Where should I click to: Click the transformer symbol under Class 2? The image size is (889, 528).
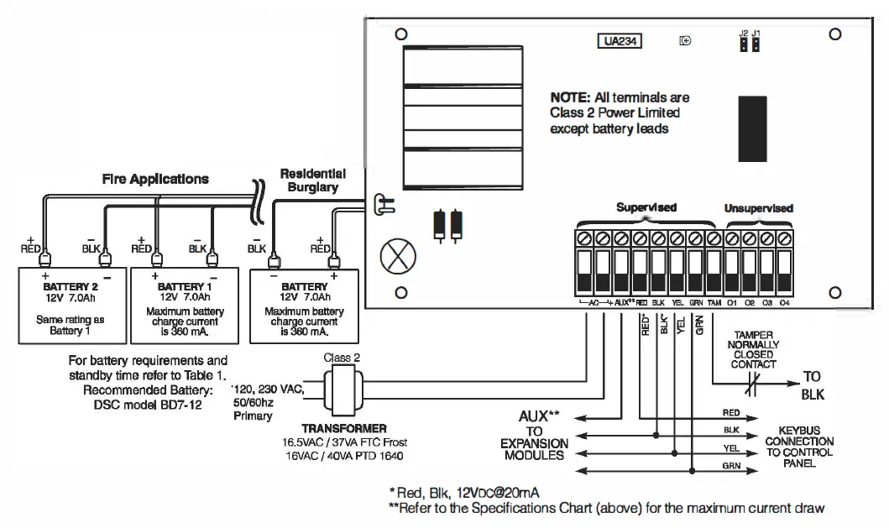click(x=341, y=391)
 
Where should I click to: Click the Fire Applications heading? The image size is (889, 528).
click(x=155, y=179)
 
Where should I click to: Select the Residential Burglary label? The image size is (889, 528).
click(x=308, y=180)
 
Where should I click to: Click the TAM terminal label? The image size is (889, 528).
click(x=714, y=301)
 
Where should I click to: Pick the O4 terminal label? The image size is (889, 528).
click(x=784, y=301)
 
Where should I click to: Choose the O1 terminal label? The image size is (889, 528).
click(x=731, y=301)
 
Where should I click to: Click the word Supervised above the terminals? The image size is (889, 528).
click(x=646, y=207)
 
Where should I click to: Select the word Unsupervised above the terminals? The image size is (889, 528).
click(x=758, y=208)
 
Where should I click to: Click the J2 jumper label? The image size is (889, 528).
click(x=743, y=34)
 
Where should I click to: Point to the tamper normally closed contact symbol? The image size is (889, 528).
click(x=752, y=384)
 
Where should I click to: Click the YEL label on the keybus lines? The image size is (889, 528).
click(x=730, y=448)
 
